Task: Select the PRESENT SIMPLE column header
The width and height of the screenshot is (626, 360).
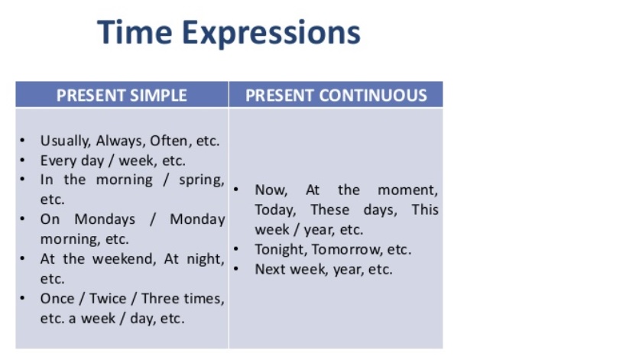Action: (x=122, y=96)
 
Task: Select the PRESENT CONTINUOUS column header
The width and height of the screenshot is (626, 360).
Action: (x=336, y=96)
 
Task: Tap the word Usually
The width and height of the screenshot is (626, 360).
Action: (x=66, y=141)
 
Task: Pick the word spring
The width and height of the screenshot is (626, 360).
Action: (x=200, y=180)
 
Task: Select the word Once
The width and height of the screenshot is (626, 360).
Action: (x=58, y=298)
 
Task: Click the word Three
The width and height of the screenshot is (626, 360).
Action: (x=161, y=298)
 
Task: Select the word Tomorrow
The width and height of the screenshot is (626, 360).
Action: (x=345, y=249)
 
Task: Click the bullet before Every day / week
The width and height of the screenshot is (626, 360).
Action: (x=24, y=161)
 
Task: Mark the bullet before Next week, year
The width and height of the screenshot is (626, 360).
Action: (x=238, y=269)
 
